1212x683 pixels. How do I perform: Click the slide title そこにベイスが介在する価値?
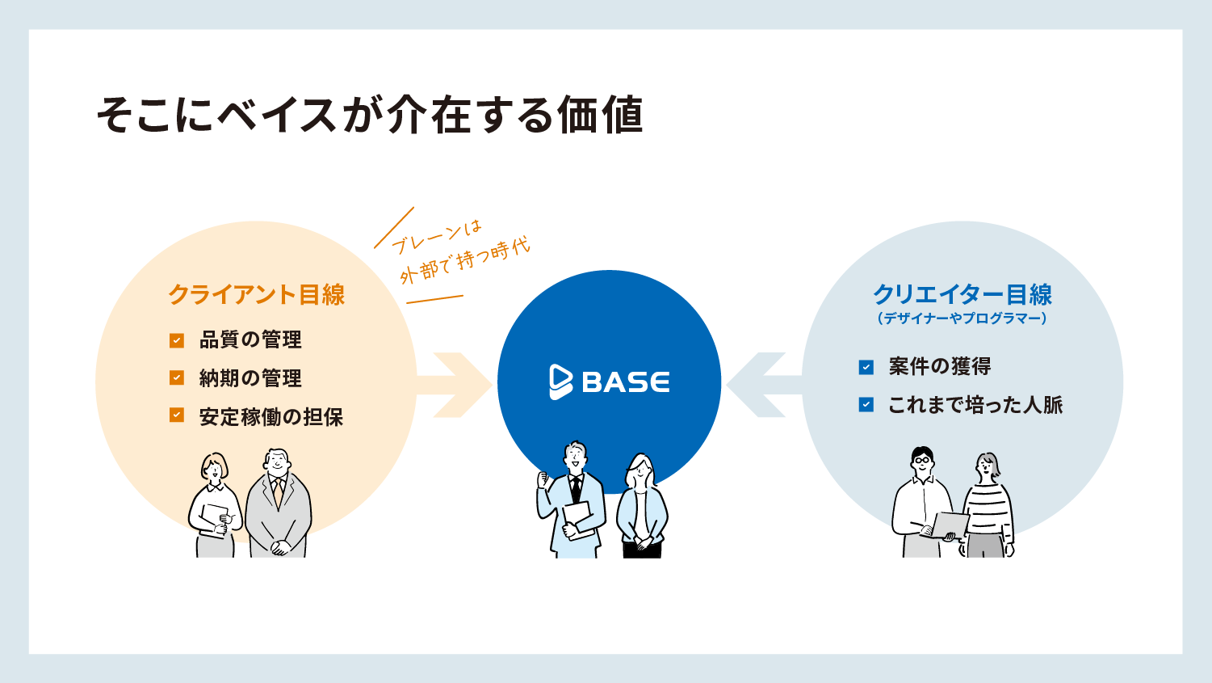click(370, 114)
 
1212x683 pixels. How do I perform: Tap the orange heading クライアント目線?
click(257, 295)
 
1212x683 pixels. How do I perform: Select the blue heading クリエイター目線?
click(962, 295)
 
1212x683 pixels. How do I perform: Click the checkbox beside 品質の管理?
click(177, 340)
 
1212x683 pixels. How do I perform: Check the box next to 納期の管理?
click(177, 377)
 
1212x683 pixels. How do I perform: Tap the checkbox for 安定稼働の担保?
click(177, 415)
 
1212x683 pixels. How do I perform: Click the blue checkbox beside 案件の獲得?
click(866, 367)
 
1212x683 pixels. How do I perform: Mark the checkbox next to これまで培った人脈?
click(866, 405)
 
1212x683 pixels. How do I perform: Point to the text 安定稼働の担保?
click(271, 416)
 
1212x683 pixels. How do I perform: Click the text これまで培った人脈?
click(975, 405)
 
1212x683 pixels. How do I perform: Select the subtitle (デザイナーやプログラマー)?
click(962, 318)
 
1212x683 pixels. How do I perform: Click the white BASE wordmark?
click(626, 382)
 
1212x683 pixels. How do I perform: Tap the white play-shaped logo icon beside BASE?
click(560, 382)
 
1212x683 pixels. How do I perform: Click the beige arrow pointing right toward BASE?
click(455, 385)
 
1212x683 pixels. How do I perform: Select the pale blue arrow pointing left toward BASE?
click(764, 385)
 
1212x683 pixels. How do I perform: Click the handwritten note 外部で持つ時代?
click(465, 261)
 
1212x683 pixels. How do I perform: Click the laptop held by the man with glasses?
click(950, 525)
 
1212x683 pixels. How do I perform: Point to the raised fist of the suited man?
click(542, 479)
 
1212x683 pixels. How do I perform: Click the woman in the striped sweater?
click(987, 505)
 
